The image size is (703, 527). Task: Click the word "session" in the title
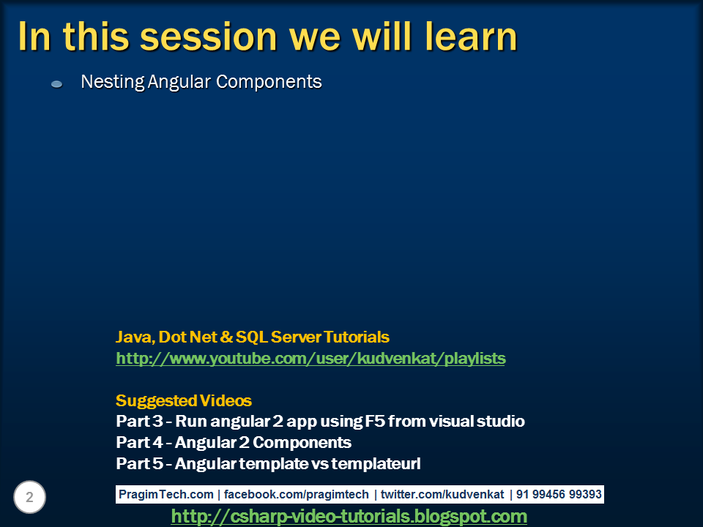click(x=209, y=37)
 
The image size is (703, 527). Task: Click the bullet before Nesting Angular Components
click(x=56, y=83)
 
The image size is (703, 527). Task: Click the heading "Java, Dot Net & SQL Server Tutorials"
click(x=253, y=337)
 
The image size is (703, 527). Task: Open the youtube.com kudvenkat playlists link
click(x=310, y=359)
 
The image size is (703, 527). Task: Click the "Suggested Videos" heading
click(x=184, y=400)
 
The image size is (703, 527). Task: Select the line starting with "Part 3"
click(x=320, y=422)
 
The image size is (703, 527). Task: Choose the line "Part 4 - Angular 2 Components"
click(x=234, y=443)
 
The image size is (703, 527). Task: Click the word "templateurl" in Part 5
click(x=376, y=464)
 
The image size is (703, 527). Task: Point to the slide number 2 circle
click(x=29, y=497)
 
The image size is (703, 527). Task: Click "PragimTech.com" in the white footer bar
click(x=166, y=494)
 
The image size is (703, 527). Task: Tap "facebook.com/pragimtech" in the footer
click(x=297, y=494)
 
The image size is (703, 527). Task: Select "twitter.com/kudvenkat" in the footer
click(x=442, y=494)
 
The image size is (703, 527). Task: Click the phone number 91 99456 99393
click(x=559, y=494)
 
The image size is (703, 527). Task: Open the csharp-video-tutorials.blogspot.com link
click(x=349, y=516)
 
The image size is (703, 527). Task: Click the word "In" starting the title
click(x=34, y=37)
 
